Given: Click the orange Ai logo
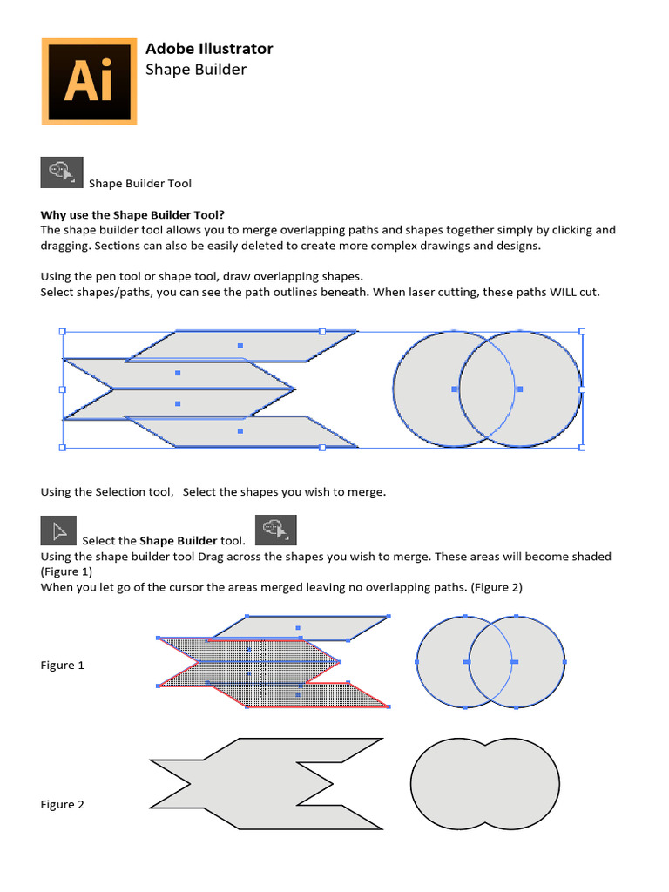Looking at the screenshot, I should (x=89, y=81).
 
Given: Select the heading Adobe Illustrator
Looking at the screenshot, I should (x=209, y=49).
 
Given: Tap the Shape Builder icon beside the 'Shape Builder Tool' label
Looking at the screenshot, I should (x=62, y=172).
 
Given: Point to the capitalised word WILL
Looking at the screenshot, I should (x=563, y=292).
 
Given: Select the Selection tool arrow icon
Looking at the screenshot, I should (x=59, y=530).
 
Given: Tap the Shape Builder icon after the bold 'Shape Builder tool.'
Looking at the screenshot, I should (x=275, y=530).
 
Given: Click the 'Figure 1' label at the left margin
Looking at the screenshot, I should (x=63, y=665).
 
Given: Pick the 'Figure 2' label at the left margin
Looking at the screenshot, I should (x=63, y=804).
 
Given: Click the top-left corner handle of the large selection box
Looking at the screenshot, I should (x=62, y=332).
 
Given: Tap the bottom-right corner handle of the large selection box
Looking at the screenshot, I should (x=582, y=447).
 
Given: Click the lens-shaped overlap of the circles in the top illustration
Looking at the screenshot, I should (x=487, y=389).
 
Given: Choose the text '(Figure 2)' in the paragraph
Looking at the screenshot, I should (x=497, y=587).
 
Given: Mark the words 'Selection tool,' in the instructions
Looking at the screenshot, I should (x=138, y=491).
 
